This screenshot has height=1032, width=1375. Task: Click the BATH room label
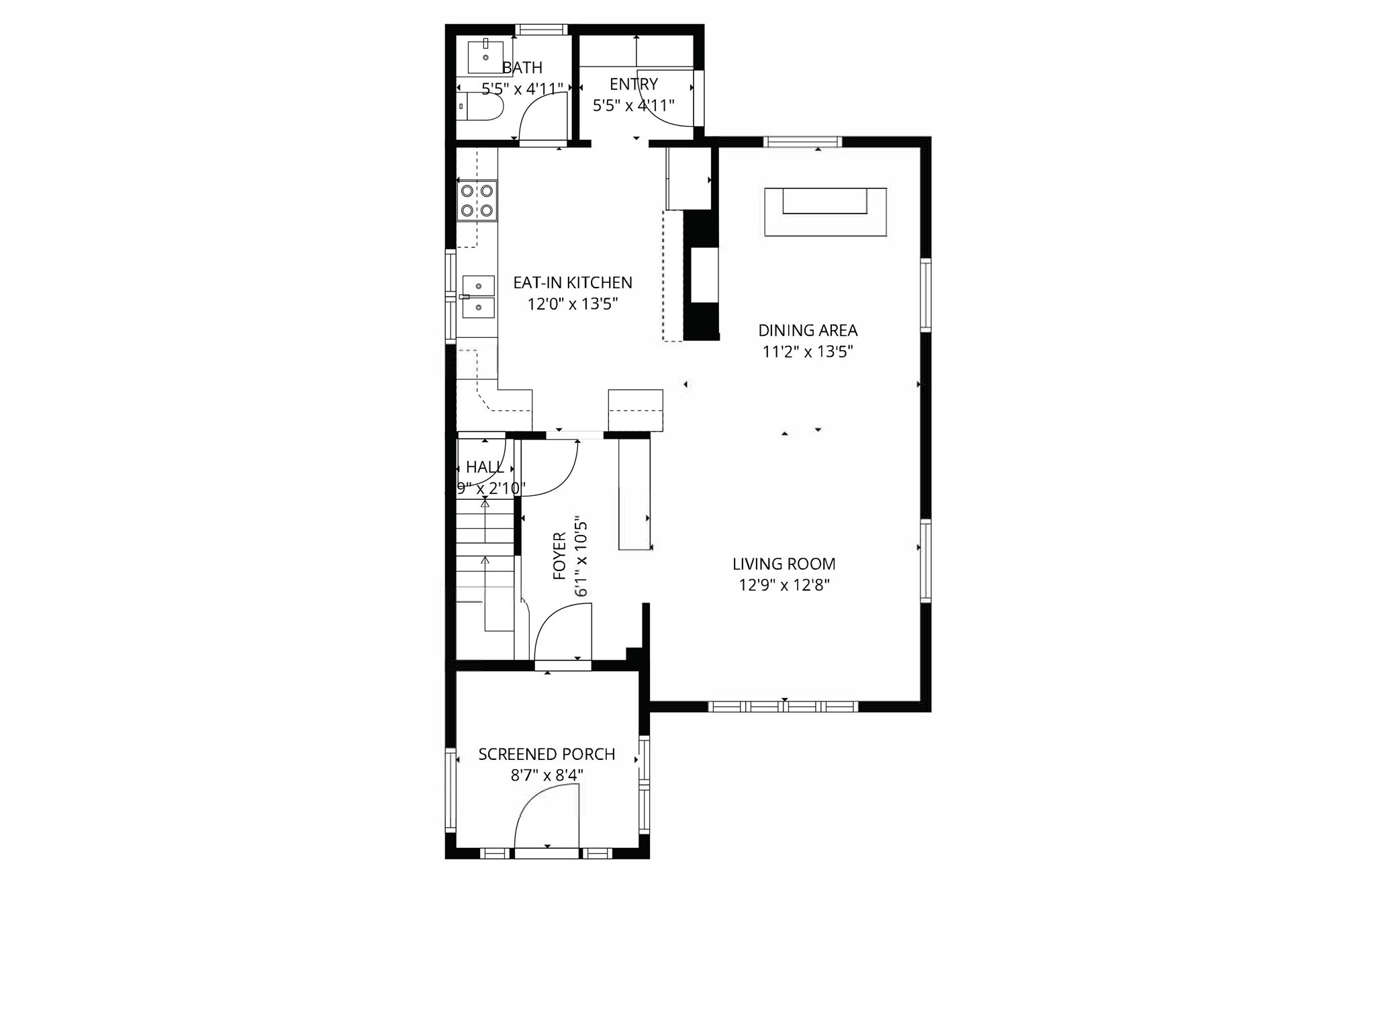click(522, 68)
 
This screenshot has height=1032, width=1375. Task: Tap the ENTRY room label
click(633, 85)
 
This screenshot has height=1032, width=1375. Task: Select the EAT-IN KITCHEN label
click(573, 283)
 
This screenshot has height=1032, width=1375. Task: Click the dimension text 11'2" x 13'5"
click(808, 351)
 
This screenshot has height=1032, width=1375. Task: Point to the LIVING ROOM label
click(784, 564)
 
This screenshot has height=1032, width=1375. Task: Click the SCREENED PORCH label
click(547, 755)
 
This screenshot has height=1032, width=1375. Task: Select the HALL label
click(485, 468)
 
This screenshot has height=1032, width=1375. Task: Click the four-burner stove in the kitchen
click(477, 200)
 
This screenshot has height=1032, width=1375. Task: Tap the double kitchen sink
click(478, 296)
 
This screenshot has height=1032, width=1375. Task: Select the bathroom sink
click(485, 56)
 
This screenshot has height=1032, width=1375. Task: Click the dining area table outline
click(825, 212)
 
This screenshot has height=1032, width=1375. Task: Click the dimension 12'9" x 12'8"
click(784, 585)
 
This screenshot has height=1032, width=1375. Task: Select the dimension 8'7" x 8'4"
click(547, 775)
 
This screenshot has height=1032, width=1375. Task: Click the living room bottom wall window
click(784, 706)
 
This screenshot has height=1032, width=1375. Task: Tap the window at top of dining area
click(802, 142)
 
